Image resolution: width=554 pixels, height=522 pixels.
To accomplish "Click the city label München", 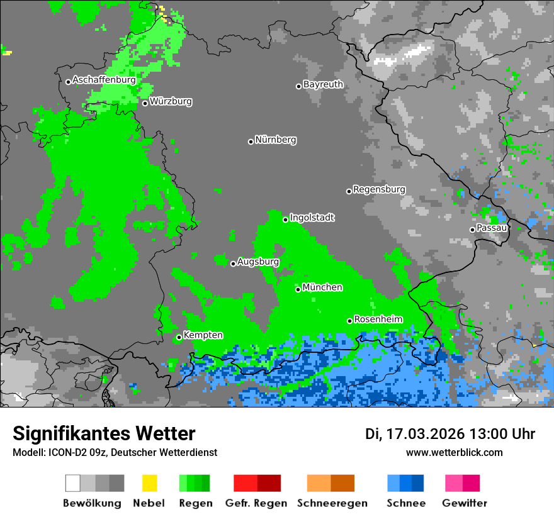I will [x=322, y=287].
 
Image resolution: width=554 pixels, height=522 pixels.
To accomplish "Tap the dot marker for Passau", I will [x=472, y=230].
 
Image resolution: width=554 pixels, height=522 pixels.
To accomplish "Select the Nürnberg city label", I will [x=275, y=140].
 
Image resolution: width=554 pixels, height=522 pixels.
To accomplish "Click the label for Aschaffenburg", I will [x=104, y=80].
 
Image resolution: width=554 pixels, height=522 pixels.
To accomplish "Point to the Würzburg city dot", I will [x=145, y=103].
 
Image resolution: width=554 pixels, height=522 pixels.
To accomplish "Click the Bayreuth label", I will [x=323, y=84].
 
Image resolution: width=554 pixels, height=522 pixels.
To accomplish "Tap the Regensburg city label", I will [x=379, y=189].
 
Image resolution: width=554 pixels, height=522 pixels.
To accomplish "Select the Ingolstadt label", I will [x=312, y=218].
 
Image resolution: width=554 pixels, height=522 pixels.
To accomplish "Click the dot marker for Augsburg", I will [x=233, y=264].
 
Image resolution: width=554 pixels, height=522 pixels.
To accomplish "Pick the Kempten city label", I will [x=203, y=335].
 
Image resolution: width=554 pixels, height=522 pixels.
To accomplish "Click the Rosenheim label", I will [x=378, y=319].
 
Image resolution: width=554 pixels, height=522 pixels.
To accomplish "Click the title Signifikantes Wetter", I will [x=104, y=433].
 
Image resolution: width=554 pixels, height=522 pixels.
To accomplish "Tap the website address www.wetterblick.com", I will [x=454, y=453].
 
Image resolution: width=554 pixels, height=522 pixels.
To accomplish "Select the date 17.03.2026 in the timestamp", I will [x=422, y=434].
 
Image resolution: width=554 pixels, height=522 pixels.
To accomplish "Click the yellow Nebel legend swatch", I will [x=149, y=483].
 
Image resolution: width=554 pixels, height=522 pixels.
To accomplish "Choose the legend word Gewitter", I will [x=465, y=503].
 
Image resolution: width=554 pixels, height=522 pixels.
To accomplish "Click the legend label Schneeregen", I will [x=332, y=503].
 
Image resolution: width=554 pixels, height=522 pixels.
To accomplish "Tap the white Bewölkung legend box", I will [x=73, y=483].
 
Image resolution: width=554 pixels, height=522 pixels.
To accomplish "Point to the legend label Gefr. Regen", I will [x=256, y=503].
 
